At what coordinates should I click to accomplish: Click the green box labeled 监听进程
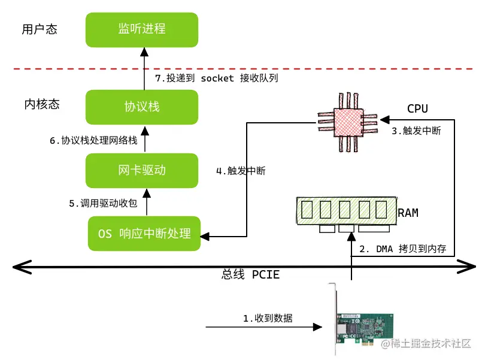(141, 29)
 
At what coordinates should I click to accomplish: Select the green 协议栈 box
(141, 107)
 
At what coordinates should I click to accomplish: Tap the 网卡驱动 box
(141, 170)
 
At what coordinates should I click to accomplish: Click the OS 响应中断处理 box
(144, 233)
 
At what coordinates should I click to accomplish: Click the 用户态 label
(39, 29)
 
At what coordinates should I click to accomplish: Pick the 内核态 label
(42, 105)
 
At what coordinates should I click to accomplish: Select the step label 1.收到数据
(268, 318)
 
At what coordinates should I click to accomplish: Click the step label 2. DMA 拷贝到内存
(402, 249)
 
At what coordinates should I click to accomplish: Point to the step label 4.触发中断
(241, 171)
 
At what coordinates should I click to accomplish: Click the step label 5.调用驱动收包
(103, 204)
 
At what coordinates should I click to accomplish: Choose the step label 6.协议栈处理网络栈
(93, 141)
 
